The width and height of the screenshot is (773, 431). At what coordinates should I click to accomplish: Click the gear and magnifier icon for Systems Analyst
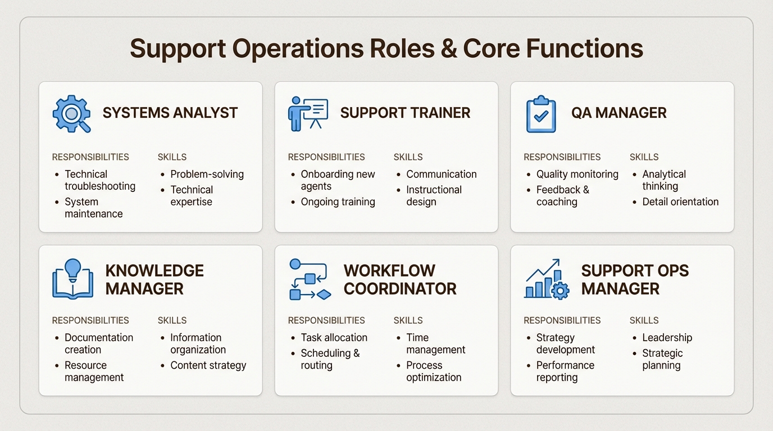click(x=71, y=113)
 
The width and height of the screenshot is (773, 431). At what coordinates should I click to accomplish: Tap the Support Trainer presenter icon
click(x=308, y=113)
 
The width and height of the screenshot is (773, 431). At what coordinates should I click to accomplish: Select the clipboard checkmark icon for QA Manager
click(x=540, y=114)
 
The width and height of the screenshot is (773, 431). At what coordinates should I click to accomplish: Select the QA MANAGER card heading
click(x=619, y=113)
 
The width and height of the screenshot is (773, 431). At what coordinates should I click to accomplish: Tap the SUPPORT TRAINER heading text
click(x=405, y=113)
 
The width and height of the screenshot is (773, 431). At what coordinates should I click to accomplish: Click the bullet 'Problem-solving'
click(x=207, y=174)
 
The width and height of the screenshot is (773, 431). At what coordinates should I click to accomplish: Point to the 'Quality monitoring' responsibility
click(x=577, y=174)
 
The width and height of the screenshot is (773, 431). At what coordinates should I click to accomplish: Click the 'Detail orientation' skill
click(x=680, y=201)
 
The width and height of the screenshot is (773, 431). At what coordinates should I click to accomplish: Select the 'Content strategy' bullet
click(x=208, y=365)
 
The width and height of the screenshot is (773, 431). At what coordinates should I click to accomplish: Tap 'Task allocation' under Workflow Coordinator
click(x=334, y=337)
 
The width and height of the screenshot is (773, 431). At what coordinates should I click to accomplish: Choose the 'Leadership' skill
click(x=667, y=337)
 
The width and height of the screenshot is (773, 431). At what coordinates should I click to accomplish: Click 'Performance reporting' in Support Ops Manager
click(x=565, y=371)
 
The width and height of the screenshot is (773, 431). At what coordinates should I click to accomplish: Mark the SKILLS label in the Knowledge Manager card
click(x=172, y=320)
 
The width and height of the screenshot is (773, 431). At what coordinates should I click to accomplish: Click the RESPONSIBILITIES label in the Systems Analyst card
click(x=90, y=157)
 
